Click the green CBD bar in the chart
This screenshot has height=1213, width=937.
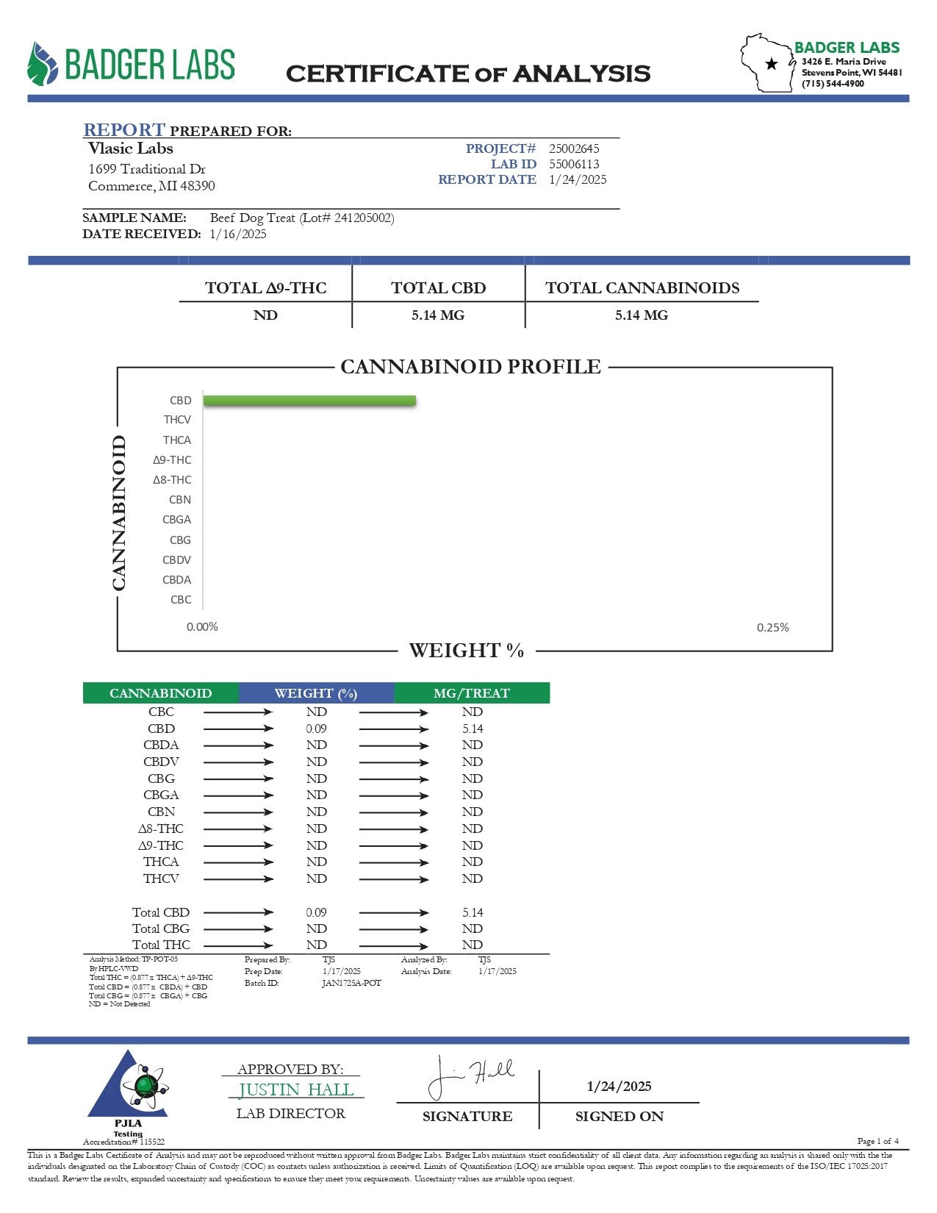point(309,401)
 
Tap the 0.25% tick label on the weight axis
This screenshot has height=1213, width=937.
point(772,627)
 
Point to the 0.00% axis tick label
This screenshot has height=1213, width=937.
point(202,627)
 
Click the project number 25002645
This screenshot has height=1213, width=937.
point(574,149)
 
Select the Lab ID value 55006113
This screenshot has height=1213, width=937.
point(574,164)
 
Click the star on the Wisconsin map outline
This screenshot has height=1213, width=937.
point(771,64)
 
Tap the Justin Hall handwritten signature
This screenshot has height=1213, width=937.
point(470,1076)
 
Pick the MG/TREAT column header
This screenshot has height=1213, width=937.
point(471,693)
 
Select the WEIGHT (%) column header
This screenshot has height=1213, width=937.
point(315,693)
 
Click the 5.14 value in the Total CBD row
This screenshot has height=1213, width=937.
point(473,912)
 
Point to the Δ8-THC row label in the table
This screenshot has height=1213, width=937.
point(161,829)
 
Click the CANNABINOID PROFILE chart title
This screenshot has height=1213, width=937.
point(470,366)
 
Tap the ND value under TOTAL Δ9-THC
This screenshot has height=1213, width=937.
point(265,315)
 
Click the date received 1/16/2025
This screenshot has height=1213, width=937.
point(238,234)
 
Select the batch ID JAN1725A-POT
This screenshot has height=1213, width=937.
point(351,983)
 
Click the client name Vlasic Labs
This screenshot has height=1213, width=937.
point(131,148)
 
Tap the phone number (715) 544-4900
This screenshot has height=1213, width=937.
point(833,84)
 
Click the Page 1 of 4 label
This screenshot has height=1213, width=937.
point(877,1141)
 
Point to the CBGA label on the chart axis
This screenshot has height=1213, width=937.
point(176,520)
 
